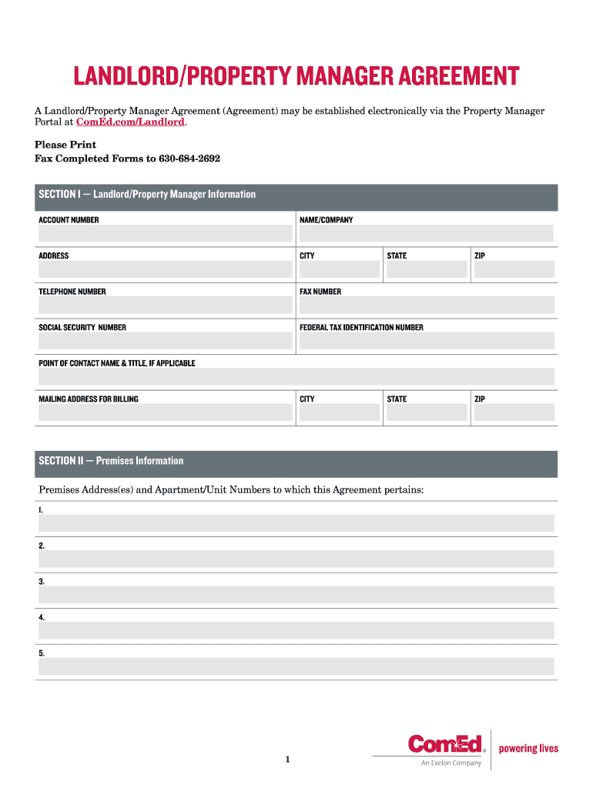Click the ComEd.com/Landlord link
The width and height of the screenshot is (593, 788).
pos(131,122)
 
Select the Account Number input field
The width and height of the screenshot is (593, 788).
pos(165,233)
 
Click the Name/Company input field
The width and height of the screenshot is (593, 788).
pos(426,233)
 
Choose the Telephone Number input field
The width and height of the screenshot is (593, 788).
pos(165,305)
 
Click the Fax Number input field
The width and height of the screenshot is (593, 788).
pos(426,305)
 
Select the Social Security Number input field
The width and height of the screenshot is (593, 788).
pos(165,341)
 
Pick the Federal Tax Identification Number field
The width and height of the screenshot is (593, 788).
pos(426,341)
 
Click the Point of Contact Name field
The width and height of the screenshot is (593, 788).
pos(296,376)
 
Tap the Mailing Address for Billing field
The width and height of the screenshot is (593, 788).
pos(165,412)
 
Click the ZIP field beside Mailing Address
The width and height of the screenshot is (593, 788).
pos(514,412)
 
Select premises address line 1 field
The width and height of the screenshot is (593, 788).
pos(296,523)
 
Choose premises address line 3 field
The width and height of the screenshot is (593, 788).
pos(296,595)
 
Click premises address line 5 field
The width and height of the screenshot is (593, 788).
pos(296,666)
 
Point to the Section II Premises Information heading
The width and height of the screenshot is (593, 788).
pos(111,461)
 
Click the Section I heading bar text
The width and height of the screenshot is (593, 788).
pos(147,195)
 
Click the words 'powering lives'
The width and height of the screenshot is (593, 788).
pos(528,749)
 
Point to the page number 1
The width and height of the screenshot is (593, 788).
pos(287,760)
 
